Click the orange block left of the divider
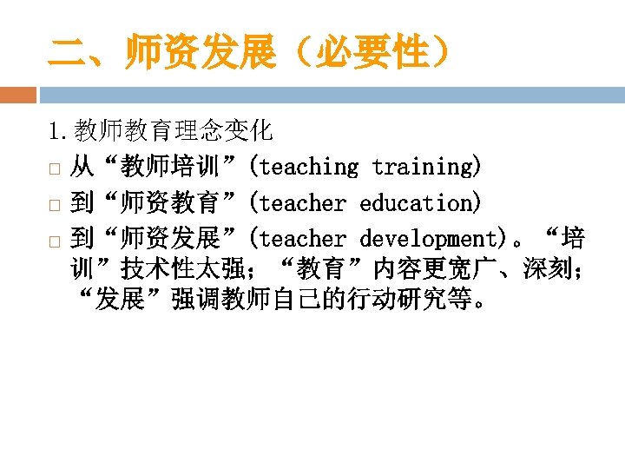pos(18,95)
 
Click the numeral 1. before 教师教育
pos(60,131)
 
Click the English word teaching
pos(308,167)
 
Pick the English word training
pos(423,167)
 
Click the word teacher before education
pos(302,203)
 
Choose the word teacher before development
pos(302,239)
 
